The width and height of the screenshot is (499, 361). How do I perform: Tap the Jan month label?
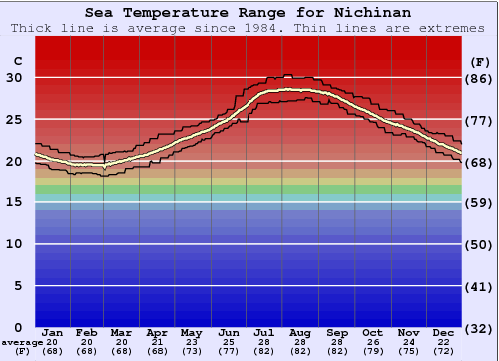click(x=54, y=332)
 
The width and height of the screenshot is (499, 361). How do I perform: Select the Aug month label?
click(x=301, y=332)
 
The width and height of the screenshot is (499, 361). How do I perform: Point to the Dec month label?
click(x=444, y=332)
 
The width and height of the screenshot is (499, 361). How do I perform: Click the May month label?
click(x=190, y=332)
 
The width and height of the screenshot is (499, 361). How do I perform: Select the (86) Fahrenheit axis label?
click(x=479, y=77)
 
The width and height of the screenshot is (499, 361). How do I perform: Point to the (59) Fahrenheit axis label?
click(x=479, y=202)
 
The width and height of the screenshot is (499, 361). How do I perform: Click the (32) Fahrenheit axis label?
click(x=479, y=327)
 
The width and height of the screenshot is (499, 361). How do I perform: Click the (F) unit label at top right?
click(x=478, y=61)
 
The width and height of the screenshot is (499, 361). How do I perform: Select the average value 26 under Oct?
click(x=372, y=342)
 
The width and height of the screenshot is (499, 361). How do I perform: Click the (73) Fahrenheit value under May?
click(x=190, y=351)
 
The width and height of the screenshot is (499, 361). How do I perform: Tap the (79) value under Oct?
click(x=372, y=351)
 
